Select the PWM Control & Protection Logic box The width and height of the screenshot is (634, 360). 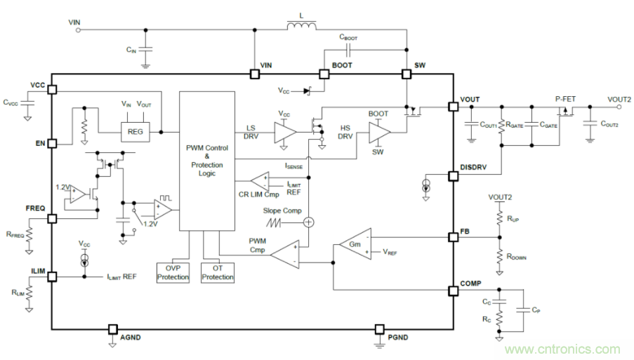click(x=207, y=161)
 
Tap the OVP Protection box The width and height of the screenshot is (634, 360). click(x=173, y=272)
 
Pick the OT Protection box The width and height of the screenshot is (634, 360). click(x=217, y=272)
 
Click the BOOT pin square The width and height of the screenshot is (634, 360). click(x=325, y=74)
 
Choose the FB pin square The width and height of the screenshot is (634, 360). click(x=454, y=237)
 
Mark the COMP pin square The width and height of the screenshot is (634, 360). click(x=454, y=291)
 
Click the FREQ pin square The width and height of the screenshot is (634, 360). click(x=52, y=218)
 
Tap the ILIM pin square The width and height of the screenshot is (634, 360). click(x=52, y=276)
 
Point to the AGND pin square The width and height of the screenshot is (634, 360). click(x=112, y=329)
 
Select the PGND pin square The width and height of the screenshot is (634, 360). click(x=380, y=329)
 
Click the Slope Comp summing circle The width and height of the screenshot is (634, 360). click(x=308, y=222)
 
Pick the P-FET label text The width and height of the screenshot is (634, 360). click(x=565, y=99)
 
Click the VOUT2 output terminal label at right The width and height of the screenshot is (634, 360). click(x=619, y=99)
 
